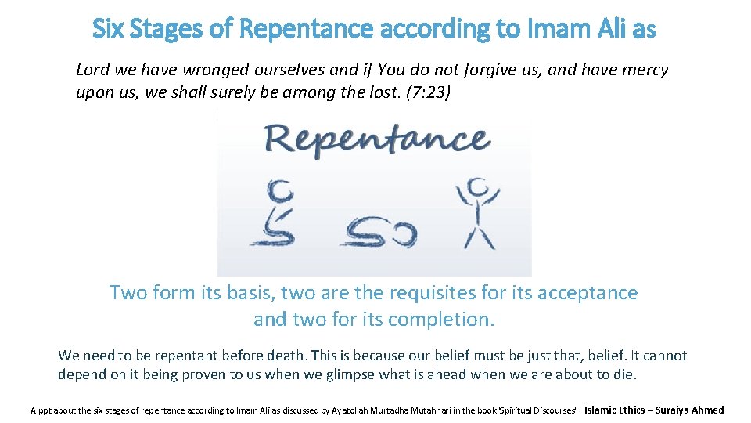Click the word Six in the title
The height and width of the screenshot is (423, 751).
pyautogui.click(x=107, y=29)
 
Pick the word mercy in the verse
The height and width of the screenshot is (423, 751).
pyautogui.click(x=645, y=70)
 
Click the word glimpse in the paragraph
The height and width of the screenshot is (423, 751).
pyautogui.click(x=346, y=374)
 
